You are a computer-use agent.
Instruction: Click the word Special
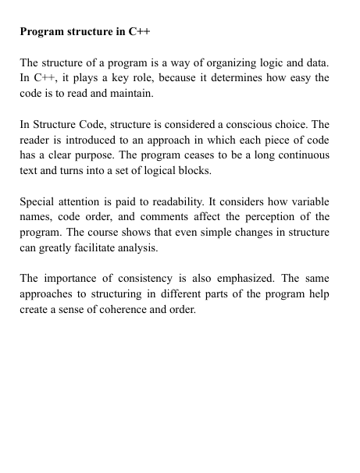(x=37, y=201)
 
